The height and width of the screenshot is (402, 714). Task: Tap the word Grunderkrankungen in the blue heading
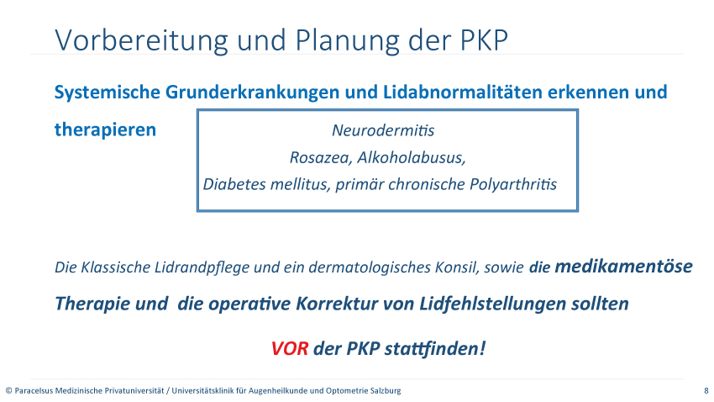[x=252, y=92]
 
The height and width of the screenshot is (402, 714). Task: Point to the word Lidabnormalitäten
[x=462, y=92]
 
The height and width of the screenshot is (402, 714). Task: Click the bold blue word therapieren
[x=105, y=130]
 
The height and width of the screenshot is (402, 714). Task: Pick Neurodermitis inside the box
[x=383, y=130]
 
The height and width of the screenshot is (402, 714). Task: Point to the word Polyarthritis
[x=513, y=184]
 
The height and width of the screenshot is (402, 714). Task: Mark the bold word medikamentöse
[x=623, y=266]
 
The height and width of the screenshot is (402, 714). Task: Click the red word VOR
[x=290, y=349]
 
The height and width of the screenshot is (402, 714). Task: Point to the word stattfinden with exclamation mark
[x=435, y=349]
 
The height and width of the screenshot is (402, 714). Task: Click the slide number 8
[x=706, y=390]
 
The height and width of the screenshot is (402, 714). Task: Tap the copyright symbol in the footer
[x=8, y=390]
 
